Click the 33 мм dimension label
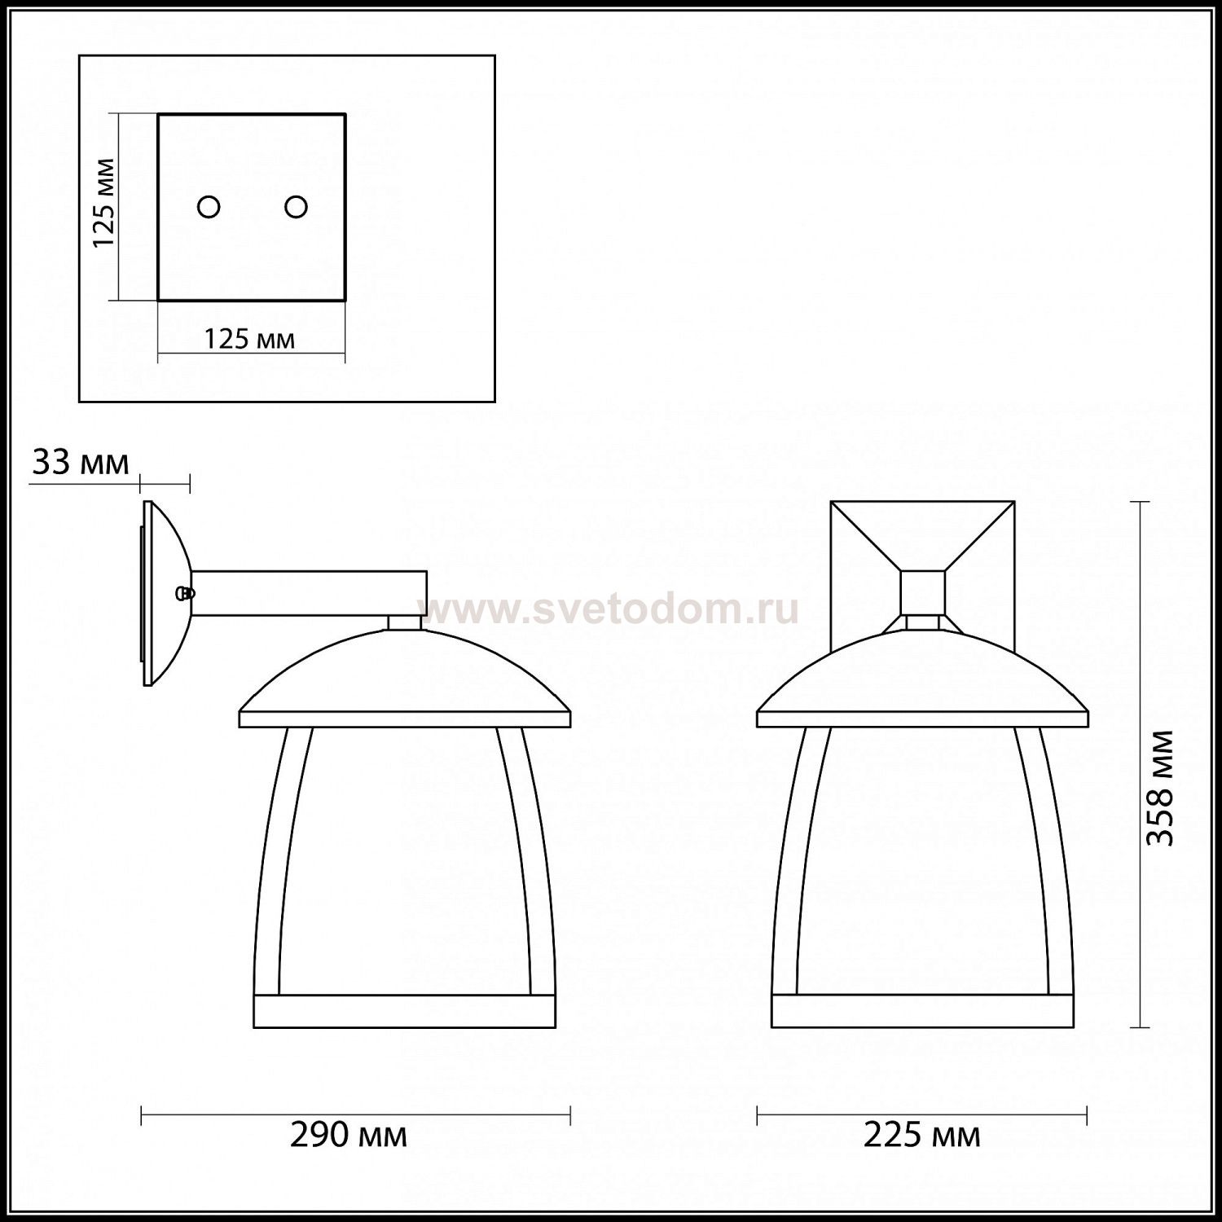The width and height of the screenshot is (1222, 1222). point(81,463)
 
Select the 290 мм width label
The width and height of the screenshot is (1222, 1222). point(349,1135)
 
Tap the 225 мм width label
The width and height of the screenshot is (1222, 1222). point(922,1135)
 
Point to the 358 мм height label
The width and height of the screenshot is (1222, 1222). point(1160,789)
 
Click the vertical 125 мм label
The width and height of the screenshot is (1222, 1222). point(104,204)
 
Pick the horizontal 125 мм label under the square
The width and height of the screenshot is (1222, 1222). point(249,338)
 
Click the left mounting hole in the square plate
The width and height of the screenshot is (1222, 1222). point(209,207)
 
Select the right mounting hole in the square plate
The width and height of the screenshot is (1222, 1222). point(296,207)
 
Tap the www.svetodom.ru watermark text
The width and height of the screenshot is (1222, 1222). point(609,609)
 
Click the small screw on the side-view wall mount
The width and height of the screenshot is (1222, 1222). point(186,593)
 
